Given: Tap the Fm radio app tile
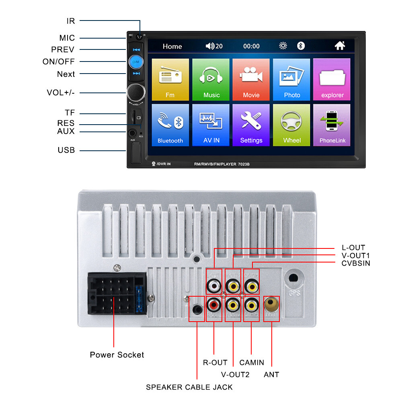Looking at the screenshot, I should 170,80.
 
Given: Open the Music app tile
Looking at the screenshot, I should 211,80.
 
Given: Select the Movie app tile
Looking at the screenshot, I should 251,80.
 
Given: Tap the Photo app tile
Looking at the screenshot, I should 292,80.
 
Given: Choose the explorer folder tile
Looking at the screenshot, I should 332,80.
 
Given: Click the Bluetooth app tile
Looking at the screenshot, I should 170,125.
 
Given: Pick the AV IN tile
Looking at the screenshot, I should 211,125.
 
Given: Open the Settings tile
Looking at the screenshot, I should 251,125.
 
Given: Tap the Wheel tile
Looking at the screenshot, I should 292,125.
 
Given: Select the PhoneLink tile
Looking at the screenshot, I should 332,125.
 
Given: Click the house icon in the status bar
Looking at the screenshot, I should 340,46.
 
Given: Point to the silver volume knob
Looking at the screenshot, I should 135,92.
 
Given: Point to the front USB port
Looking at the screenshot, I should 135,152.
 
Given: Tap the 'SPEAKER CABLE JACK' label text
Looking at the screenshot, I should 189,387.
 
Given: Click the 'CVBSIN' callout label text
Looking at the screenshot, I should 356,263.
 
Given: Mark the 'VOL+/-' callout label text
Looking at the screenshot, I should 61,93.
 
